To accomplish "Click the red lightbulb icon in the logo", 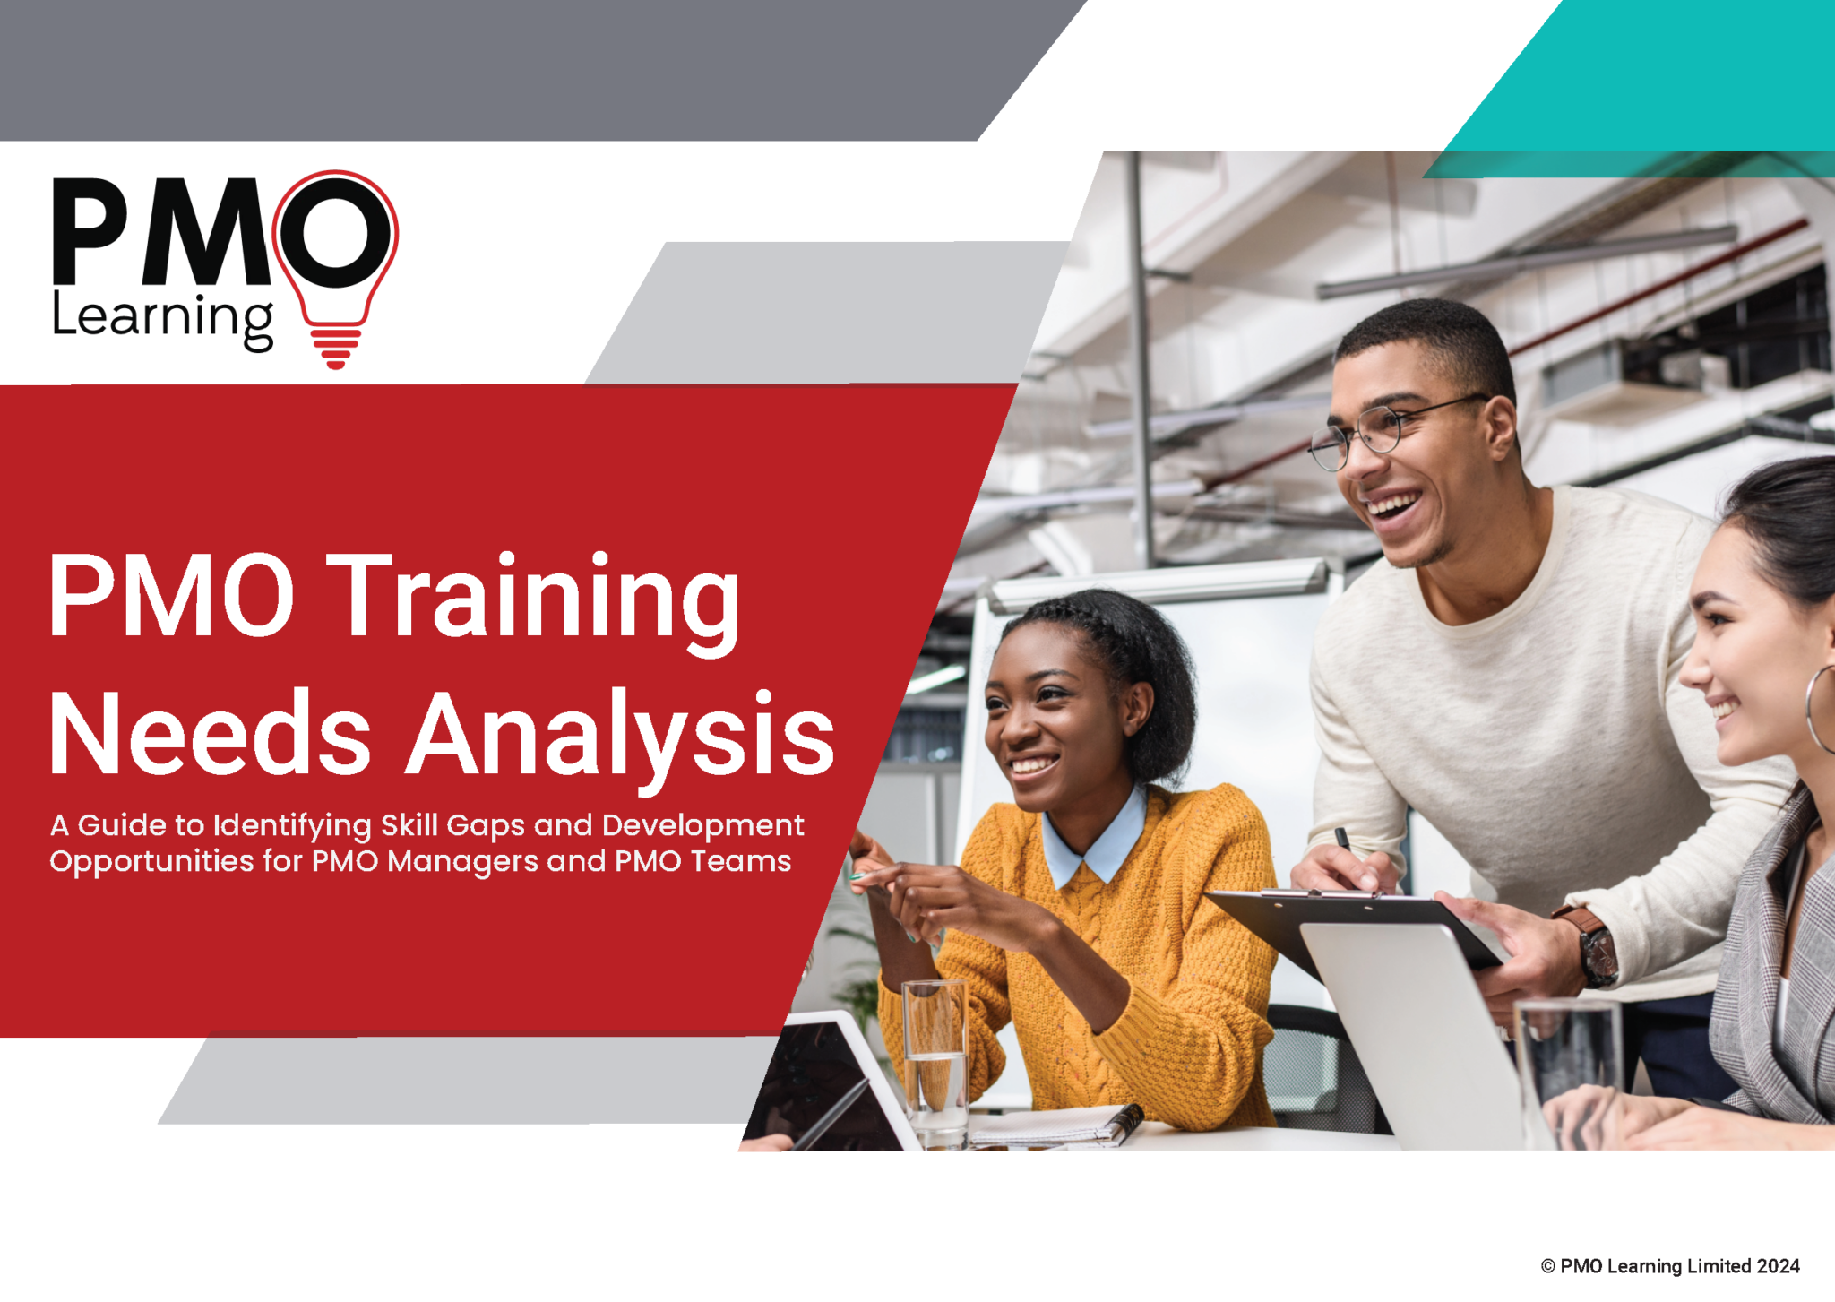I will [336, 269].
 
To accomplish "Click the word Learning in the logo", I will [162, 318].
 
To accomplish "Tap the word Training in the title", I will [534, 598].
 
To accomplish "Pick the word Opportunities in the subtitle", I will [151, 862].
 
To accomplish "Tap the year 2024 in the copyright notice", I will [1778, 1266].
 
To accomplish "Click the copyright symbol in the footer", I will [1547, 1266].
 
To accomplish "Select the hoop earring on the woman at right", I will [1820, 708].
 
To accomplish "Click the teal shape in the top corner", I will [1658, 81].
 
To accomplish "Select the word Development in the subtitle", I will [702, 825].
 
